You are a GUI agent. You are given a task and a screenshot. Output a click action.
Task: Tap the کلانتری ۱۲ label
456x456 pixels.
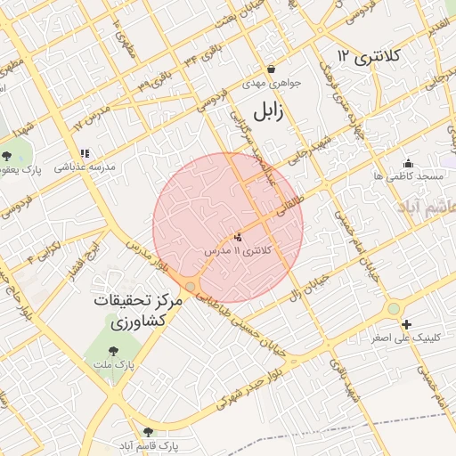369,56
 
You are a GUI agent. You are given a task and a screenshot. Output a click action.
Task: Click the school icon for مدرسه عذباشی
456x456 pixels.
85,153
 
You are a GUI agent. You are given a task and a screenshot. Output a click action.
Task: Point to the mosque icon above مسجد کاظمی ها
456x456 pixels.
409,163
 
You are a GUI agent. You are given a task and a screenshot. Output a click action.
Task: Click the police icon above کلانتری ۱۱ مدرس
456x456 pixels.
237,238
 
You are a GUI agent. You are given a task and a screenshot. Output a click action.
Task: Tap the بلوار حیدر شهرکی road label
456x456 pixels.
233,395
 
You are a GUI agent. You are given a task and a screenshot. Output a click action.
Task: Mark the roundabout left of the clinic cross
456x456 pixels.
393,309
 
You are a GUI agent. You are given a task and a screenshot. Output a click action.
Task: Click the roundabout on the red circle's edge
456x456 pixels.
191,285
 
